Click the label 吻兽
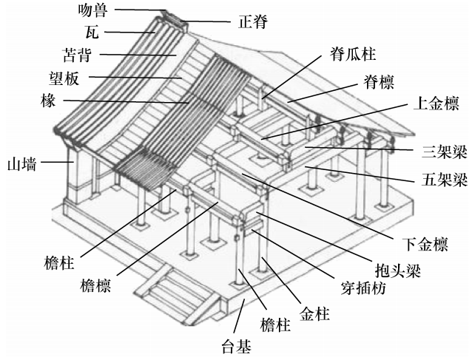(x=98, y=11)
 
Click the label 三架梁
(x=446, y=152)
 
